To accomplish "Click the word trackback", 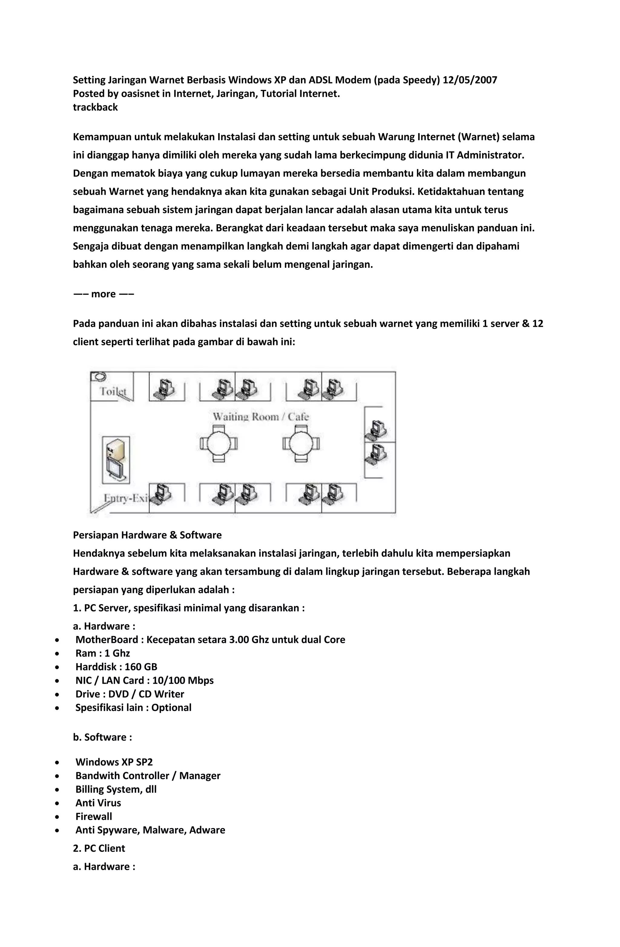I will (95, 107).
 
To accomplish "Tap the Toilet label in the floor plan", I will (113, 391).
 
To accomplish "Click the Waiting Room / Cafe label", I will (261, 417).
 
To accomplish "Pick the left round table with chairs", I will (218, 443).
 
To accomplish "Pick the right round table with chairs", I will (301, 443).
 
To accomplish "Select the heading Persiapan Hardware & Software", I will (147, 535).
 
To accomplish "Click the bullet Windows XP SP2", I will (114, 762).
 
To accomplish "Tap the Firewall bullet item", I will (94, 816).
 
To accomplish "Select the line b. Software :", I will (102, 737).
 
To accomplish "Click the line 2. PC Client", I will (99, 848).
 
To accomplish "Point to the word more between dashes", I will (103, 294).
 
